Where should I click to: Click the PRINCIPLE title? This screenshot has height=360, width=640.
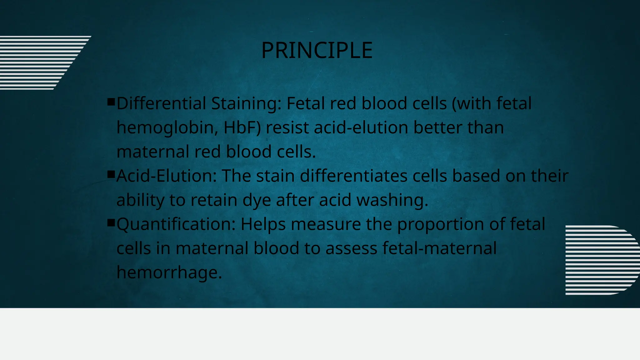[317, 50]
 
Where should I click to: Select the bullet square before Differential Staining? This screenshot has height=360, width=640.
[111, 102]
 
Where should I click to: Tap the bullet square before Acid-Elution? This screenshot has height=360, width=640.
[111, 174]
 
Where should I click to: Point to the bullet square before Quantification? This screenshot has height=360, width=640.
[111, 222]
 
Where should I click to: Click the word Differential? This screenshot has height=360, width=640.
[161, 103]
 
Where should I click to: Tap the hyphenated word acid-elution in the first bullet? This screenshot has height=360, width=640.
[361, 127]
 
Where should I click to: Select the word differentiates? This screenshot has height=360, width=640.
[353, 176]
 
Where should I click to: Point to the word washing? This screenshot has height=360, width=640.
[392, 200]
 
